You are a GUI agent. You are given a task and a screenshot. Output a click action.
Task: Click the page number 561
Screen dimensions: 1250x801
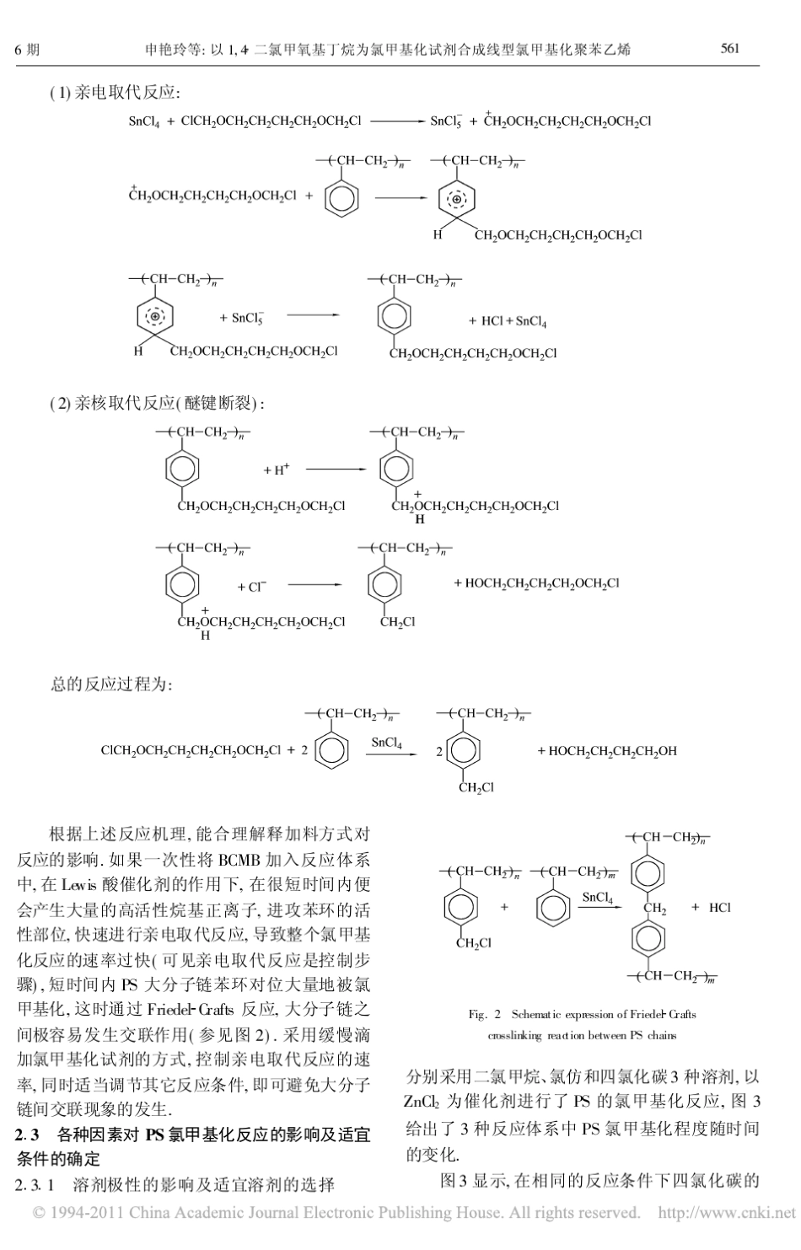pyautogui.click(x=729, y=48)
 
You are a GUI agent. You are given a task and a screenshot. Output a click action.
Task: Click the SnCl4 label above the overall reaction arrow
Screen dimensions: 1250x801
pyautogui.click(x=387, y=742)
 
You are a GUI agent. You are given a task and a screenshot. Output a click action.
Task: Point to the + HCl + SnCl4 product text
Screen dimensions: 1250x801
pyautogui.click(x=508, y=321)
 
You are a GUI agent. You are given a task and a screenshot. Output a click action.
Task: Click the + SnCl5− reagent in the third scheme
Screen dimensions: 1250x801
pyautogui.click(x=242, y=319)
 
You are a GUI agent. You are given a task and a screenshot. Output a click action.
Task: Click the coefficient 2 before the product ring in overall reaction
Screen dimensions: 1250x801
pyautogui.click(x=438, y=751)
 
